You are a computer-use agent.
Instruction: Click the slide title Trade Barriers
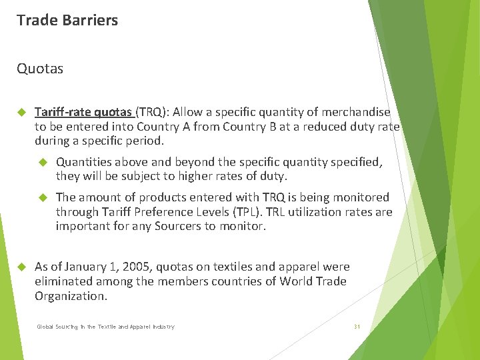pyautogui.click(x=67, y=20)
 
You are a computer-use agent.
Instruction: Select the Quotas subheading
pyautogui.click(x=40, y=69)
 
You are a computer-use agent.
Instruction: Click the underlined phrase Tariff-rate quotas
pyautogui.click(x=83, y=112)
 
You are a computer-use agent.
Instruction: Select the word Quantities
pyautogui.click(x=83, y=162)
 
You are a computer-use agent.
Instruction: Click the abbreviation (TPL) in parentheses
pyautogui.click(x=243, y=212)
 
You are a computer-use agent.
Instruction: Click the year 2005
pyautogui.click(x=135, y=267)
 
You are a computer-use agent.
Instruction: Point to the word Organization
pyautogui.click(x=70, y=296)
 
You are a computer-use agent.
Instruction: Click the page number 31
pyautogui.click(x=357, y=327)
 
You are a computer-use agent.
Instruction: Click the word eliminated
pyautogui.click(x=64, y=281)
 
